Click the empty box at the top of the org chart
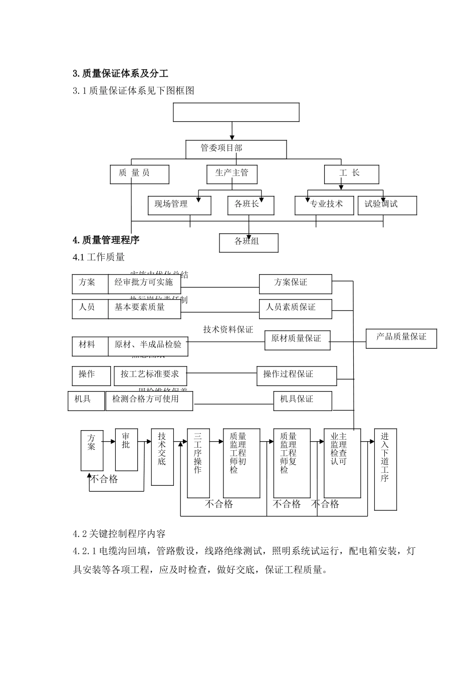coord(236,112)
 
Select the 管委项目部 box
coord(236,149)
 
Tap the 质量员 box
coord(140,174)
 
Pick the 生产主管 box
coord(232,174)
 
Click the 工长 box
coord(351,174)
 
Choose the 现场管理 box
coord(179,205)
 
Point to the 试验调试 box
coord(387,205)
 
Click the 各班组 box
coord(249,242)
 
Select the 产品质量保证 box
coord(401,338)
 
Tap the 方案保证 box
coord(295,283)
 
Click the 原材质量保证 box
coord(299,340)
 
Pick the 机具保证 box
coord(302,400)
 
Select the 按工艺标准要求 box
coord(150,375)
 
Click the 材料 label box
coord(90,346)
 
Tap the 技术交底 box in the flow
coord(162,457)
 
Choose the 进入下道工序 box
coord(385,469)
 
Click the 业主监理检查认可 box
coord(342,463)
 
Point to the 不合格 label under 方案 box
coord(104,479)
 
